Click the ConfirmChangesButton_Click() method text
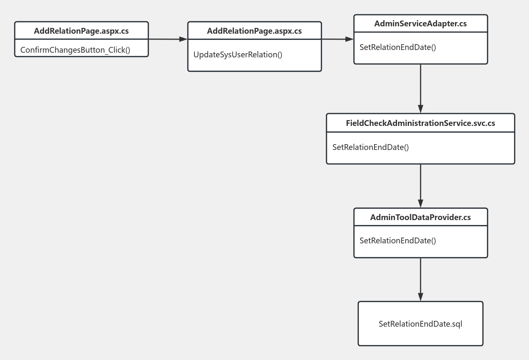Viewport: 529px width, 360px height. [75, 50]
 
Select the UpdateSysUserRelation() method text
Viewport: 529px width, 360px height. [238, 55]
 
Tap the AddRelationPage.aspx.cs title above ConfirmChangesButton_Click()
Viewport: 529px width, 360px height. [81, 31]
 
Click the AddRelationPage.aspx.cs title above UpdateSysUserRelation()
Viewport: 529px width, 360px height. [254, 31]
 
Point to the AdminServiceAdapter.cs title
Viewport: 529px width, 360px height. [421, 24]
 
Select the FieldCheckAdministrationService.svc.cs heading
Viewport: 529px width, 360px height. [421, 123]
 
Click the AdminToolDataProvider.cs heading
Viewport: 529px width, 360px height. [421, 217]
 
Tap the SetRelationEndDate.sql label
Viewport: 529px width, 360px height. [421, 324]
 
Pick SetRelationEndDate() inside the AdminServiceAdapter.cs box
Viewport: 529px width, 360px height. [398, 47]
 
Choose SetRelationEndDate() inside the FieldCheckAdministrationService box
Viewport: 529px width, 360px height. [371, 147]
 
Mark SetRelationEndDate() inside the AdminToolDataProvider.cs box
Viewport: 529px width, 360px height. [398, 241]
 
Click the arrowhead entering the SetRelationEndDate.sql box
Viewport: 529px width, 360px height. [421, 297]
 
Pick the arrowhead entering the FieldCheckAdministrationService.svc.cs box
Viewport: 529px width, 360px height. [421, 109]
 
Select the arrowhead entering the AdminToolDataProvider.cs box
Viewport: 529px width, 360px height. [421, 203]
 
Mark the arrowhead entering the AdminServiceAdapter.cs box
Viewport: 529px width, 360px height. [349, 39]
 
